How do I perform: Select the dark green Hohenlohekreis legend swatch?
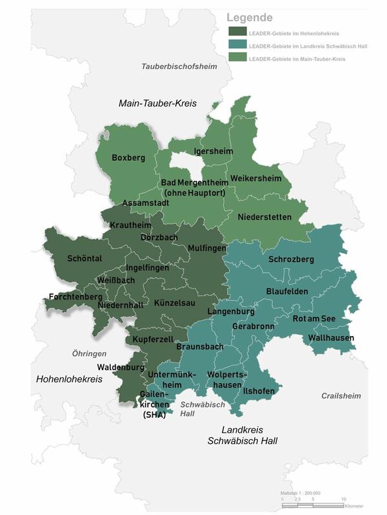click(x=237, y=31)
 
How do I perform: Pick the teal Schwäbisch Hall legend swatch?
click(x=237, y=44)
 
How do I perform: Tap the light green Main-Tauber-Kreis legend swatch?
click(x=237, y=58)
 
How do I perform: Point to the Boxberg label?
click(x=128, y=157)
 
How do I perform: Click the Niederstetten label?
click(x=264, y=217)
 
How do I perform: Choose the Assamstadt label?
click(x=146, y=203)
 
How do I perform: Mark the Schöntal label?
click(x=85, y=259)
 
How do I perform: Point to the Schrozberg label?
click(x=291, y=259)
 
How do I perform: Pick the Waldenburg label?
click(x=120, y=368)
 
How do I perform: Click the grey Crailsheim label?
click(x=341, y=395)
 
